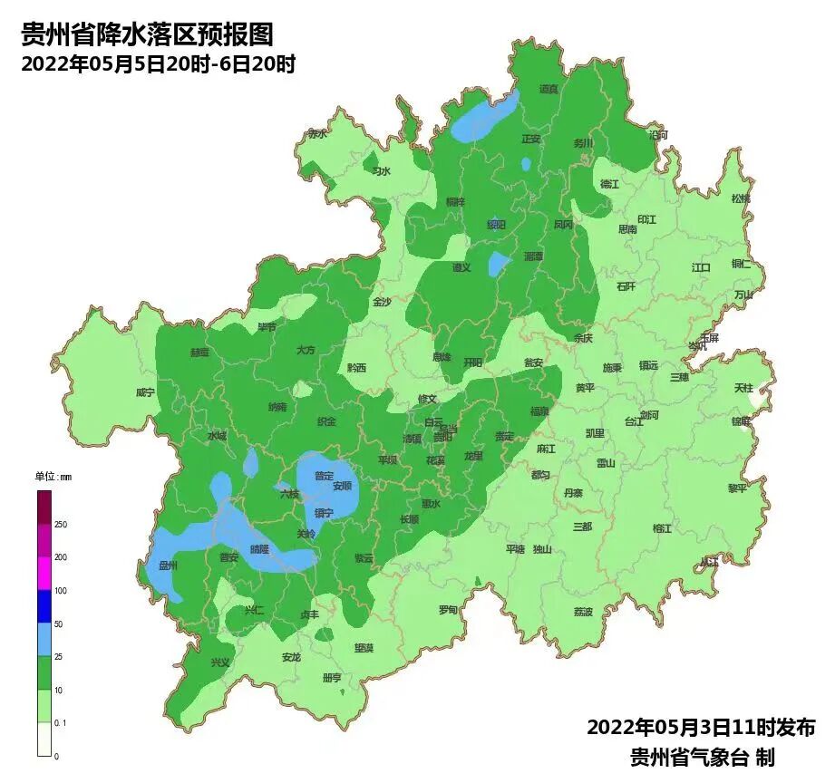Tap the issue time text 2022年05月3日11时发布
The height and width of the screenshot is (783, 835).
tap(701, 727)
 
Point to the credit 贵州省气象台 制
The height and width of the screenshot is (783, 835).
tap(703, 757)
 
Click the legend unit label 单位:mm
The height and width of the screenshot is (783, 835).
tap(53, 477)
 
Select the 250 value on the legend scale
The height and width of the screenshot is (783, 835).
tap(60, 525)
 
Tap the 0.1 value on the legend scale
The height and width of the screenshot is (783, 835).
tap(61, 723)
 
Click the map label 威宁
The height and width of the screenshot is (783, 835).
tap(145, 392)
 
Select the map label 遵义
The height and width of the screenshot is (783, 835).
tap(462, 267)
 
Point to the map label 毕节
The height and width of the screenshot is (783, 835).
tap(267, 326)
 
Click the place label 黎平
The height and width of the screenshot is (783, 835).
tap(738, 488)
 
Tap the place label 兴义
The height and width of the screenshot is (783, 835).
tap(220, 662)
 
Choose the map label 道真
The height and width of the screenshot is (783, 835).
tap(549, 89)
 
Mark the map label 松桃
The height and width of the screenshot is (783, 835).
tap(741, 198)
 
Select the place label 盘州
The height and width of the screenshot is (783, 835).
tap(168, 565)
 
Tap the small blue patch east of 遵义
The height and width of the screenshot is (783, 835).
tap(500, 264)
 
